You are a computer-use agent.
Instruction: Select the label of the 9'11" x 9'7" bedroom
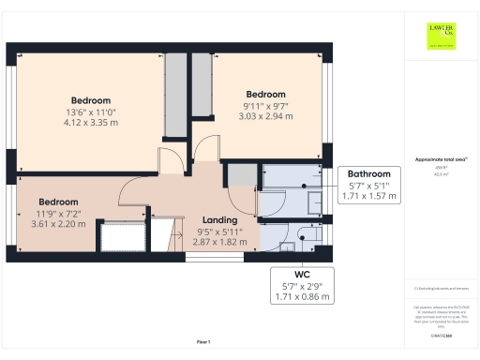tap(265, 95)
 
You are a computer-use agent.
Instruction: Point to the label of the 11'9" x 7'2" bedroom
tap(58, 202)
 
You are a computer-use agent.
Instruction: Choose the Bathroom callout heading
tap(368, 174)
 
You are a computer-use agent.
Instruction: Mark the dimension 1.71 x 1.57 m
tap(368, 197)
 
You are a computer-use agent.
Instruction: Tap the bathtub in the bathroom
tap(291, 175)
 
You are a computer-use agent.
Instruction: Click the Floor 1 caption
tap(203, 341)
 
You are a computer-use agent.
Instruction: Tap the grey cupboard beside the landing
tap(242, 174)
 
